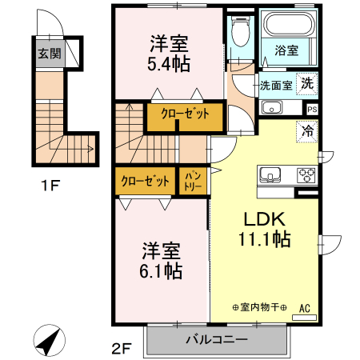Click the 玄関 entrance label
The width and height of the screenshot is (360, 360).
49,54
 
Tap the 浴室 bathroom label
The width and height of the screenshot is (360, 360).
287,50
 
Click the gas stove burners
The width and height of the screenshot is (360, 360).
306,174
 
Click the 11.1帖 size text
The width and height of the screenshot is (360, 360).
263,239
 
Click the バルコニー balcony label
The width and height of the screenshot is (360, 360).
216,338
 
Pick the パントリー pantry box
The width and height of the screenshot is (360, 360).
193,179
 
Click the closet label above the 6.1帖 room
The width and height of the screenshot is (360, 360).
145,180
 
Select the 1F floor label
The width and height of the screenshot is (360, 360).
51,188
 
